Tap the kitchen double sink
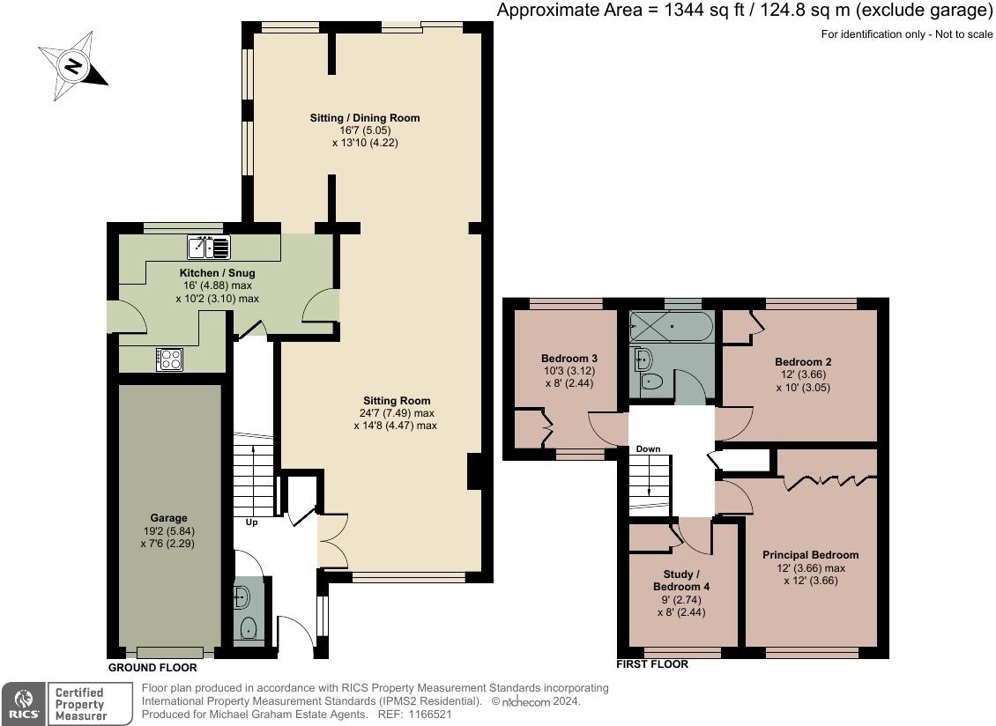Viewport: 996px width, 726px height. click(209, 248)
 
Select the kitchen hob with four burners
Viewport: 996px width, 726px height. click(169, 359)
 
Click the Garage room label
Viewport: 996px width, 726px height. click(168, 518)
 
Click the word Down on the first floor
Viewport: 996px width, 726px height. click(648, 449)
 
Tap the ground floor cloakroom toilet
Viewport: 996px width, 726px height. click(249, 628)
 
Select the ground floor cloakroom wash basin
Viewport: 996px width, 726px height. click(242, 597)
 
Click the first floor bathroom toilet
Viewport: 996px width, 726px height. click(652, 382)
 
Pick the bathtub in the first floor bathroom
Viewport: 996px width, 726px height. click(672, 327)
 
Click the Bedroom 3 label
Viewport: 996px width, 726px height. click(569, 359)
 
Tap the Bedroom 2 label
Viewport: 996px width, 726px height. click(803, 361)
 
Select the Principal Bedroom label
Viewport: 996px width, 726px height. click(810, 555)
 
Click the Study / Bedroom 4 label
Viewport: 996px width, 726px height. click(681, 580)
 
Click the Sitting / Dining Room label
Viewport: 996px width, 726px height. click(364, 117)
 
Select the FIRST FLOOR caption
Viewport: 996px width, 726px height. click(652, 664)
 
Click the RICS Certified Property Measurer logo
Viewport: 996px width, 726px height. click(62, 704)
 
